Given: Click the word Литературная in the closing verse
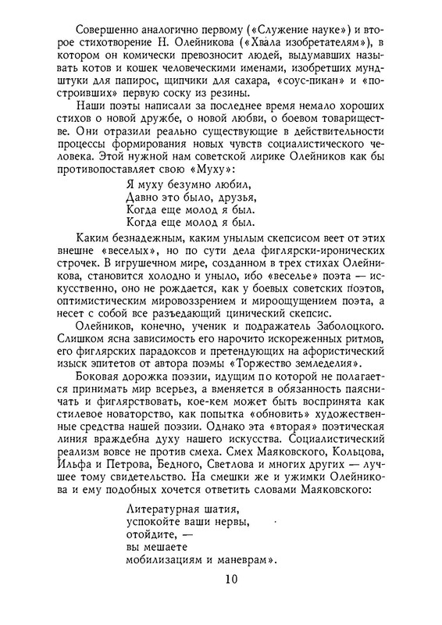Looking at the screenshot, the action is coord(164,509).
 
